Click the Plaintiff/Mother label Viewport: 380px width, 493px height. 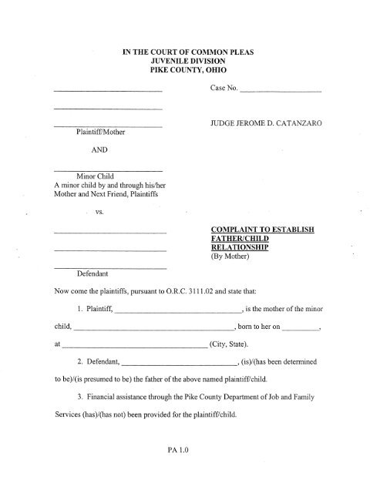tap(106, 132)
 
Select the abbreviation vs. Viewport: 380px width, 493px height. tap(101, 212)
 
